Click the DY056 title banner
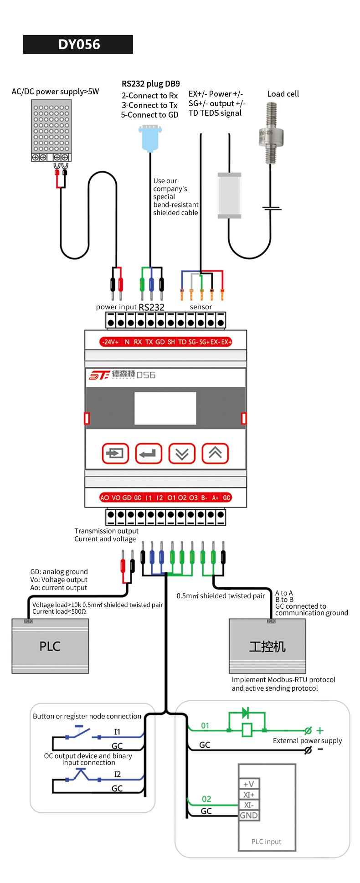pos(78,44)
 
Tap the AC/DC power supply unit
pos(51,131)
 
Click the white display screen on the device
pos(165,408)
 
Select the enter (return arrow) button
pos(149,453)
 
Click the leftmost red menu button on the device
pos(115,453)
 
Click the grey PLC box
pos(50,646)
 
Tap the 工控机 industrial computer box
pos(267,646)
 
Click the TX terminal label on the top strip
pos(149,342)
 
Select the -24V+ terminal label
pos(110,342)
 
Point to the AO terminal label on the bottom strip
pos(105,498)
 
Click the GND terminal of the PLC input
pos(249,815)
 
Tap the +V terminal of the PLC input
pos(249,784)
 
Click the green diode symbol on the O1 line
pos(245,713)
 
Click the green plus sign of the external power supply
pos(320,730)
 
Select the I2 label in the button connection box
pos(118,774)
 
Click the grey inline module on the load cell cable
pos(229,196)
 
